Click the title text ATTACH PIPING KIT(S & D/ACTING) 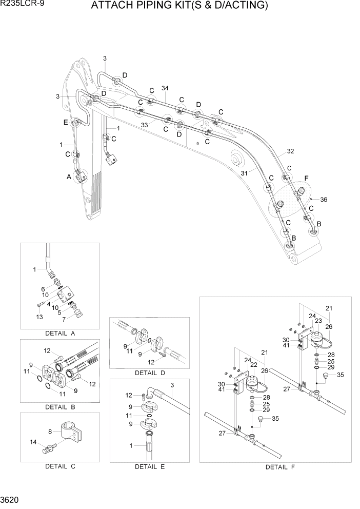tap(179, 6)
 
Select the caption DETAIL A tap(60, 333)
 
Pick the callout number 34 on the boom tap(165, 88)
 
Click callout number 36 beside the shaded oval tap(323, 200)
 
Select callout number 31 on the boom tap(245, 173)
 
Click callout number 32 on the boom tap(290, 151)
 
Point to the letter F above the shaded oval tap(307, 178)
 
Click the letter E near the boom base tap(65, 122)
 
